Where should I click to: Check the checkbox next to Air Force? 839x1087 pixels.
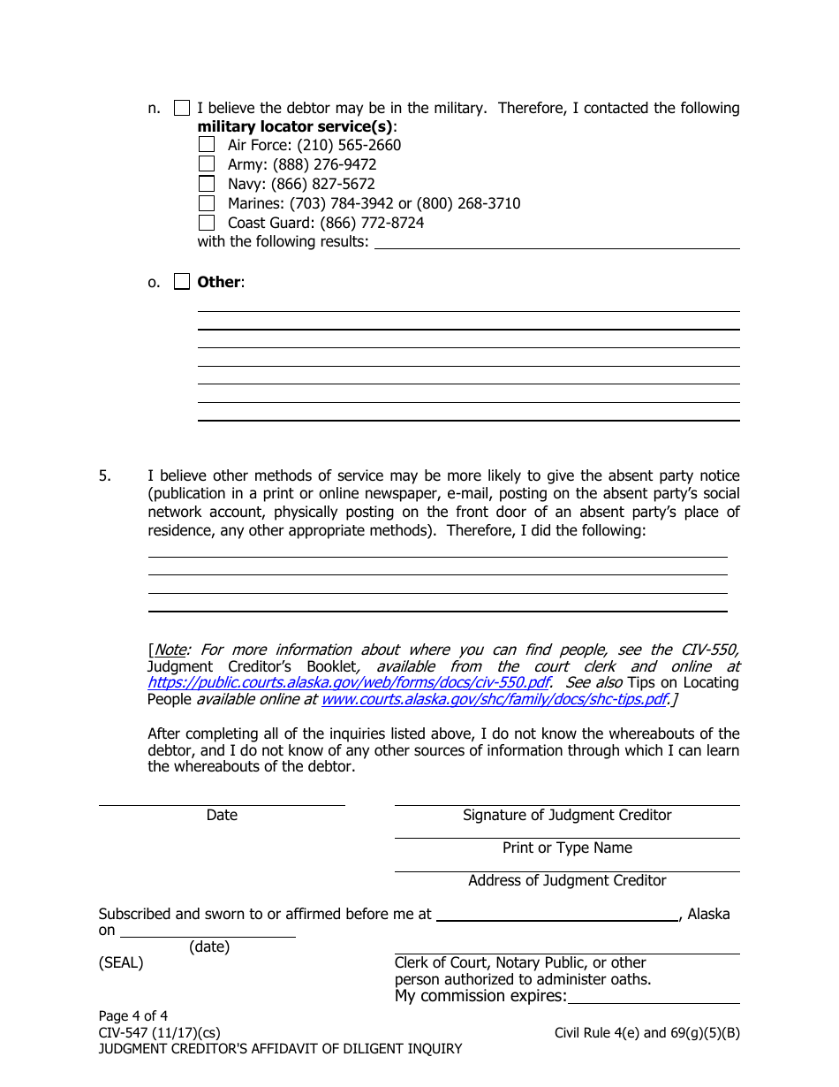click(206, 145)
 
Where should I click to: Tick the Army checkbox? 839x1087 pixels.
click(206, 164)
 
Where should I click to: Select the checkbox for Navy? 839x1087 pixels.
click(206, 184)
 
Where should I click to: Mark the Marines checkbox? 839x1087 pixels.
click(206, 203)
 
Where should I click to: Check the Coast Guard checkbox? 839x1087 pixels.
click(206, 223)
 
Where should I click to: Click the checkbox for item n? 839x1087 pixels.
click(181, 108)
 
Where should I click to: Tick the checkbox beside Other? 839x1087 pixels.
click(181, 282)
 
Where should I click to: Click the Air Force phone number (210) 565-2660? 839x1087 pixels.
click(349, 145)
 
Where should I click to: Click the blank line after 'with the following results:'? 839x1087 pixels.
click(556, 243)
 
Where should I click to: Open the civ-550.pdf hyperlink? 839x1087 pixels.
click(348, 683)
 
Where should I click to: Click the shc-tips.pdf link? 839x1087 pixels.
click(494, 700)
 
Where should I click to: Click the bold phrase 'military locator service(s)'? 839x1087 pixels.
click(296, 126)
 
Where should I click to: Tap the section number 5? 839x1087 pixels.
click(105, 475)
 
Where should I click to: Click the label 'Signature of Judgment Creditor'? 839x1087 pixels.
click(567, 816)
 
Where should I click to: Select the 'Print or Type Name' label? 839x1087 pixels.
click(567, 848)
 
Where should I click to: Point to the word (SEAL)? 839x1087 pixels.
click(120, 962)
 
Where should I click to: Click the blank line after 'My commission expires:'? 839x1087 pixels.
click(653, 998)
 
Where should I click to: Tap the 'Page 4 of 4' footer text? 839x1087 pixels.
click(132, 1015)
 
